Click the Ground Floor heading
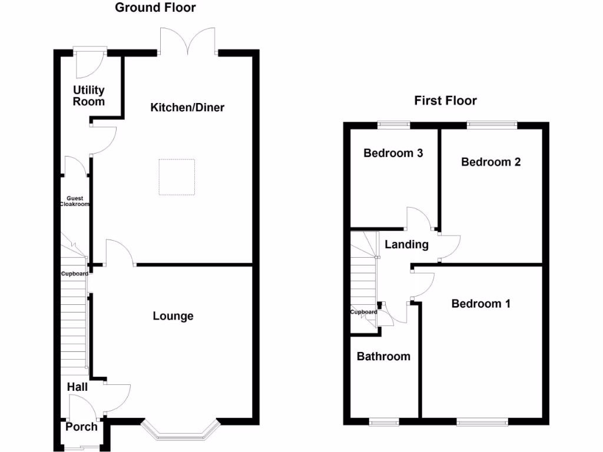(x=155, y=8)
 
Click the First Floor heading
(x=445, y=101)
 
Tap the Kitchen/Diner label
(x=187, y=108)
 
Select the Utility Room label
(x=89, y=95)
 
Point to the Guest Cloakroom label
(x=75, y=201)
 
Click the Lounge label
(x=173, y=316)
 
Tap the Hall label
(x=77, y=387)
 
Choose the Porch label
(x=81, y=427)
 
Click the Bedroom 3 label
(x=393, y=153)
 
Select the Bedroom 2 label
(x=491, y=162)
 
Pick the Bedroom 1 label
(x=481, y=304)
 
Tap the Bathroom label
(x=383, y=356)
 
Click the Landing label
(x=406, y=244)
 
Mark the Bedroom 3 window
(x=393, y=124)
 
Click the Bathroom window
(x=383, y=421)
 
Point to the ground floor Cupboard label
(x=75, y=274)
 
